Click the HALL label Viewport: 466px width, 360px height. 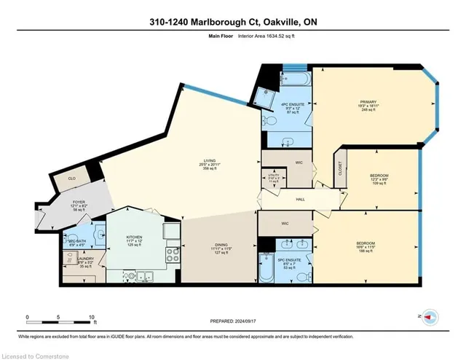pyautogui.click(x=300, y=199)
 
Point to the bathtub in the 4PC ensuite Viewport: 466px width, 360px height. pyautogui.click(x=296, y=76)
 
